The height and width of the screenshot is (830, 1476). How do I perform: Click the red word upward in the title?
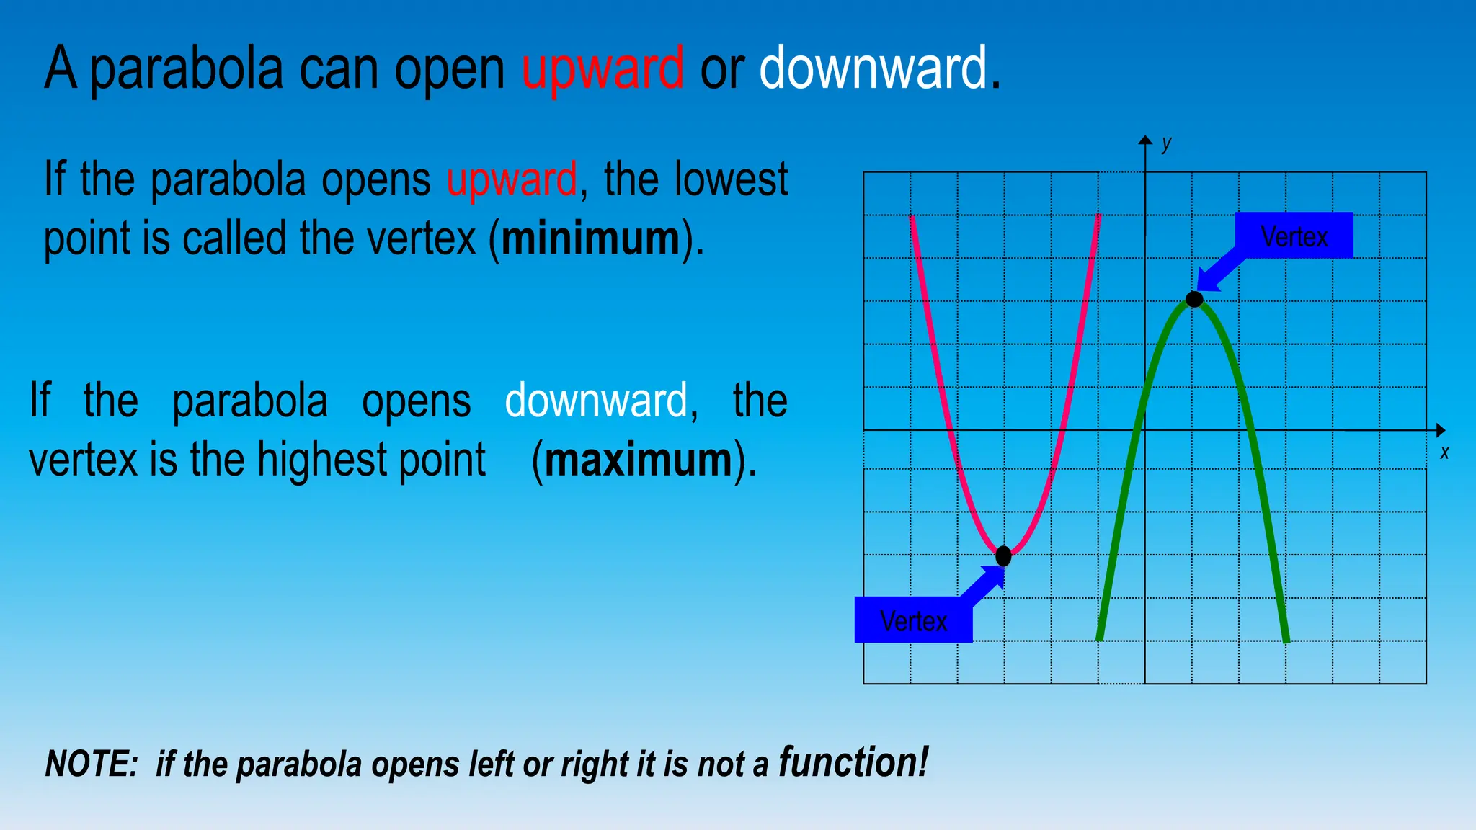point(603,69)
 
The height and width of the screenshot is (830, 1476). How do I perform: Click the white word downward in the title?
point(873,68)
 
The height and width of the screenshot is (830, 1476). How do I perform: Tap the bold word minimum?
point(590,238)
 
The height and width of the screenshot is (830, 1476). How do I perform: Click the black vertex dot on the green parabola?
point(1194,299)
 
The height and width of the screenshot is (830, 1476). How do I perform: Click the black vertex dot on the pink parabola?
point(1003,555)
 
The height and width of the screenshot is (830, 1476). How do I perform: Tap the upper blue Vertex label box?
point(1294,236)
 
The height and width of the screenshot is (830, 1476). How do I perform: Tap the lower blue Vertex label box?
point(913,620)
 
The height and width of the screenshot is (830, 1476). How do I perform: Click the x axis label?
point(1444,452)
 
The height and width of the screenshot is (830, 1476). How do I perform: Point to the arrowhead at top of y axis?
point(1145,140)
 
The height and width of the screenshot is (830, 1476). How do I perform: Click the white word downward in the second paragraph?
point(596,401)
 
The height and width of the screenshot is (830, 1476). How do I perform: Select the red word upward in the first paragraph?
point(511,179)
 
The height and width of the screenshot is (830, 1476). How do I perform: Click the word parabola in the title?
point(187,69)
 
